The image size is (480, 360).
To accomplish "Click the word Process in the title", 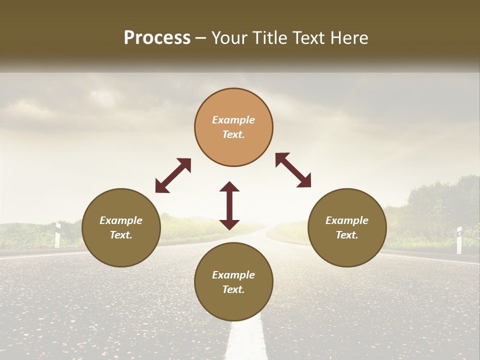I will pyautogui.click(x=157, y=38).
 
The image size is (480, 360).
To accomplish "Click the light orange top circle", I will pyautogui.click(x=233, y=127).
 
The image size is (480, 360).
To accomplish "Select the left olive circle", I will pyautogui.click(x=121, y=227).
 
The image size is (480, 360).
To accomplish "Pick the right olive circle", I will pyautogui.click(x=347, y=227).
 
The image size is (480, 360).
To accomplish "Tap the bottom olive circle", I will pyautogui.click(x=233, y=282).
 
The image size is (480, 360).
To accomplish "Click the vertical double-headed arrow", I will pyautogui.click(x=229, y=205).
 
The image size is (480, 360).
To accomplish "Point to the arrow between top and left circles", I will pyautogui.click(x=173, y=175).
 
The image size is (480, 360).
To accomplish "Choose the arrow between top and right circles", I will pyautogui.click(x=293, y=170).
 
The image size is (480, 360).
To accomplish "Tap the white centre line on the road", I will pyautogui.click(x=246, y=340).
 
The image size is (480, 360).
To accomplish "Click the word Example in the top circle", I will pyautogui.click(x=233, y=120).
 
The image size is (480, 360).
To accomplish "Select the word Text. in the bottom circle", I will pyautogui.click(x=233, y=289).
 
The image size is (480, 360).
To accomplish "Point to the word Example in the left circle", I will pyautogui.click(x=121, y=220).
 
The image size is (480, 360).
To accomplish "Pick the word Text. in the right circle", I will pyautogui.click(x=347, y=235).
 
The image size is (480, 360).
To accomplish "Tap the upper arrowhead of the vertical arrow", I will pyautogui.click(x=229, y=187).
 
